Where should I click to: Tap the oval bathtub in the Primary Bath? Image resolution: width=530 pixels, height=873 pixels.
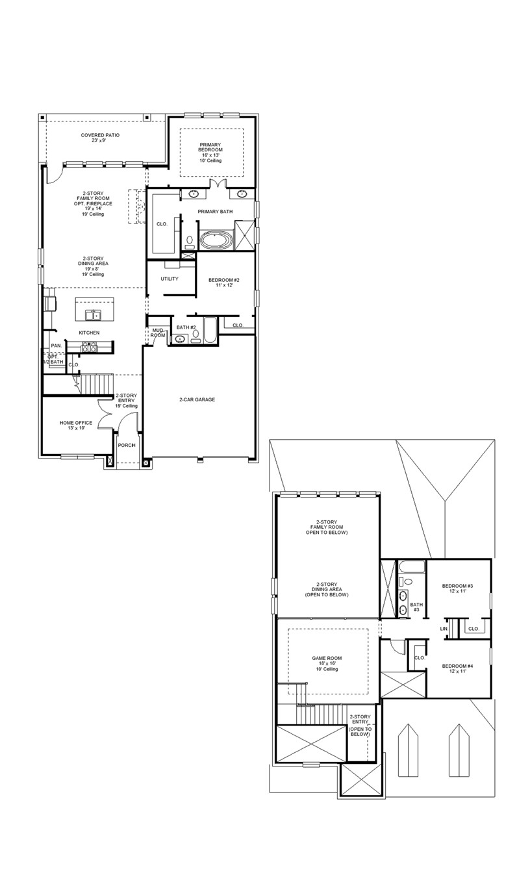point(215,241)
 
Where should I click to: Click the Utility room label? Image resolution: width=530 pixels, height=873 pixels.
point(170,279)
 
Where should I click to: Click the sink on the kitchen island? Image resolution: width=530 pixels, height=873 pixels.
point(95,315)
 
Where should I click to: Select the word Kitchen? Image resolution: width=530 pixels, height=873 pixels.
point(89,333)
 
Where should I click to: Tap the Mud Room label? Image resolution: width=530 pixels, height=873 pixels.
point(158,333)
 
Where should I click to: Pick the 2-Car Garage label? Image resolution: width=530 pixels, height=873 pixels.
point(197,399)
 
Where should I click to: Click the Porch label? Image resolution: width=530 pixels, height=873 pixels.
point(126,445)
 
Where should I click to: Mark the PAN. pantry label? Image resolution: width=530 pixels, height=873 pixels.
point(57,346)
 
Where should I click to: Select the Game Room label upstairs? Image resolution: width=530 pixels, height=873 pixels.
point(327,663)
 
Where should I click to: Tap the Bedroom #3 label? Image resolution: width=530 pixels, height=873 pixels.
point(457,589)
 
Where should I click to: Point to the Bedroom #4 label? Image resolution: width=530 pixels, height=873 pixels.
point(457,668)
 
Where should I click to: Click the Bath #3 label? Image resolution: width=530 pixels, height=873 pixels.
point(416,607)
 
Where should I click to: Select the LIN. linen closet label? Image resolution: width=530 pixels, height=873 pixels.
point(444,629)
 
